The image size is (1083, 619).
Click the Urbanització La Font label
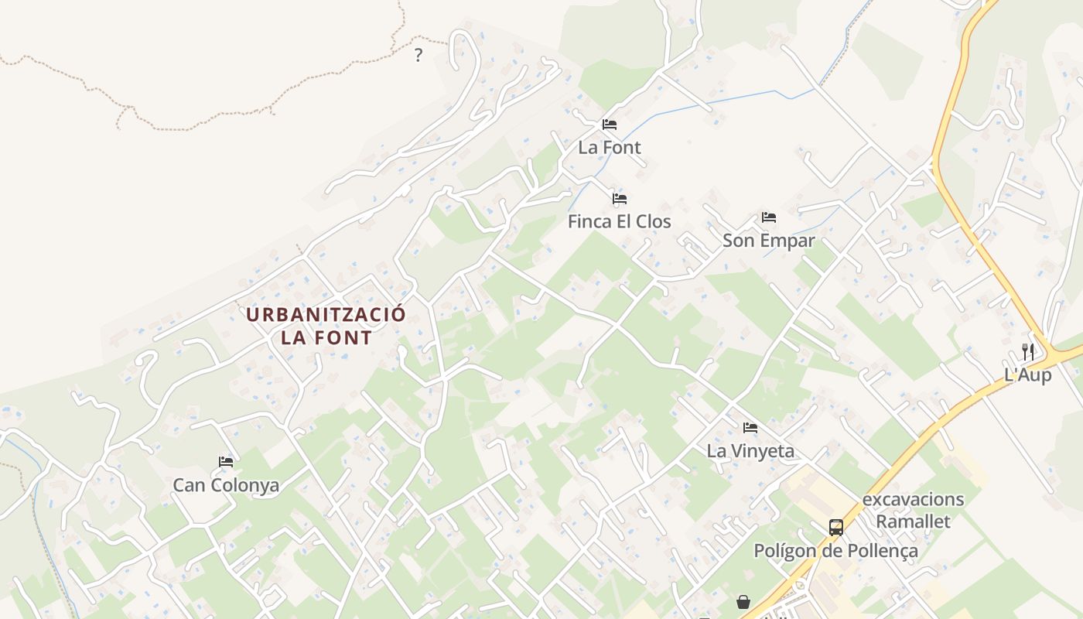[326, 326]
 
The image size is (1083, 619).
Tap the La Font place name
[610, 147]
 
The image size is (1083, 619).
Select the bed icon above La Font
[610, 124]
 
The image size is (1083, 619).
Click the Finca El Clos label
[619, 221]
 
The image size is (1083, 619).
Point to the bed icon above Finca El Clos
[620, 199]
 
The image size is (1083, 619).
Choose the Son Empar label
[768, 241]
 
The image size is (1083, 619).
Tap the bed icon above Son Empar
[768, 217]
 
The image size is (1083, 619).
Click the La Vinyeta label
[750, 450]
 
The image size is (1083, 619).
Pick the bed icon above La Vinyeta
[750, 428]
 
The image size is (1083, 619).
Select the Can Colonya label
[226, 485]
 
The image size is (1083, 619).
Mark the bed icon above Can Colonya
[226, 462]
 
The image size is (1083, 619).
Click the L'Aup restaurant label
[1027, 375]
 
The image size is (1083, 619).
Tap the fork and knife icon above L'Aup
[1028, 351]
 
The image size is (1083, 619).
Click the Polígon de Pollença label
[835, 551]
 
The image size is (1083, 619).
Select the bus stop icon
[836, 528]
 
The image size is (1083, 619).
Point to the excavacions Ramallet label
[913, 510]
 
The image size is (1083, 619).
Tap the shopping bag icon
[743, 601]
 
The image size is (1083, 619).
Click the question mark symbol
[419, 55]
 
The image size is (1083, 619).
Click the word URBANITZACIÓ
[326, 315]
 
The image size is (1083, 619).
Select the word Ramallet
[913, 522]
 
